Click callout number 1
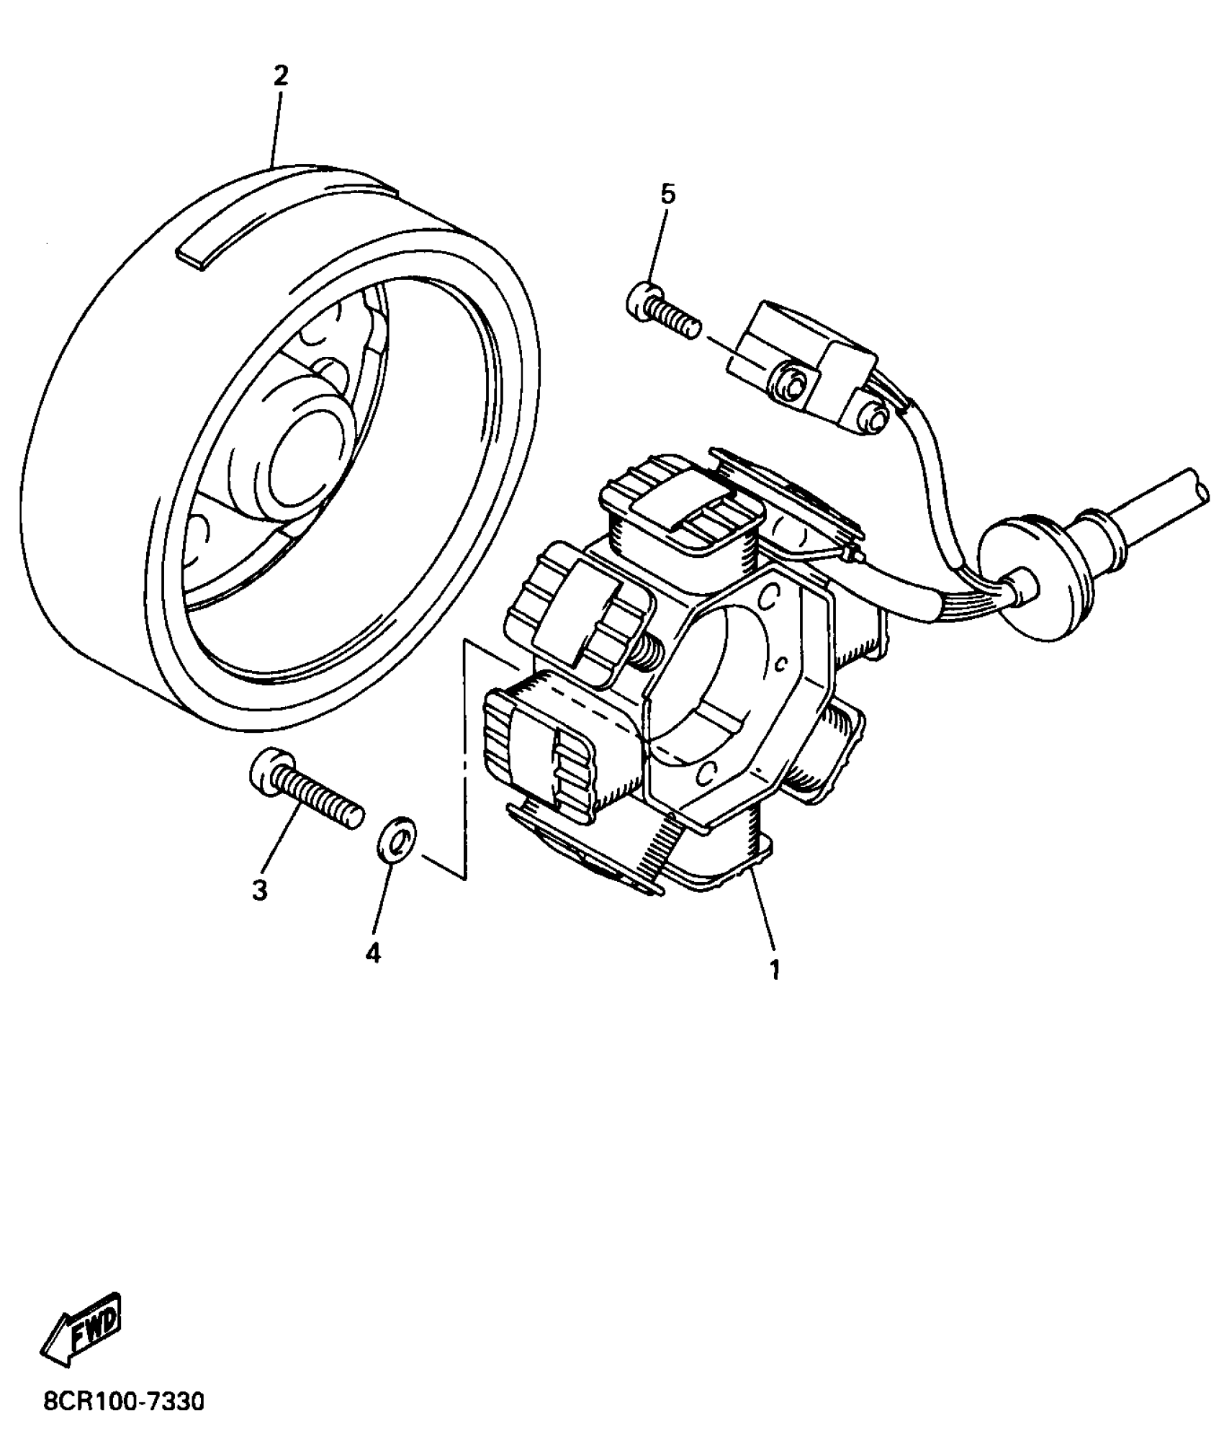[775, 969]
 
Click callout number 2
[281, 76]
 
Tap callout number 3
[260, 890]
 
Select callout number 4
[372, 952]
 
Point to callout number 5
[668, 194]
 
